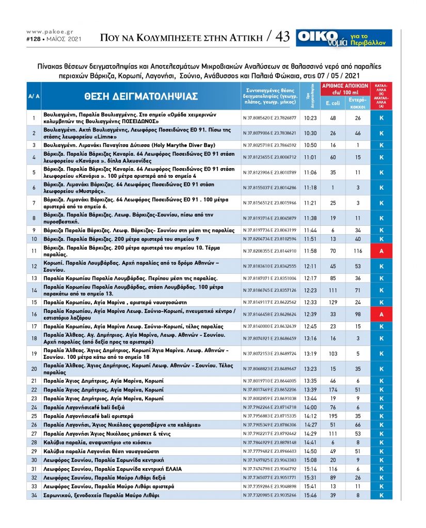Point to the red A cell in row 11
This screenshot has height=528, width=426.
pyautogui.click(x=381, y=251)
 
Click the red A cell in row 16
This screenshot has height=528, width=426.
pyautogui.click(x=381, y=313)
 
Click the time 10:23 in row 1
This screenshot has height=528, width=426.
pyautogui.click(x=310, y=118)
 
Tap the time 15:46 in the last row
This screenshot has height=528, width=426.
pyautogui.click(x=310, y=495)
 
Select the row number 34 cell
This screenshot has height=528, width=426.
pyautogui.click(x=34, y=495)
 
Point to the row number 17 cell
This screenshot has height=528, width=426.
pyautogui.click(x=34, y=326)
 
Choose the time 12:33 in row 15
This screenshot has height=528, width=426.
pyautogui.click(x=310, y=302)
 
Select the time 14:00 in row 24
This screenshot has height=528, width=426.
pyautogui.click(x=310, y=406)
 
